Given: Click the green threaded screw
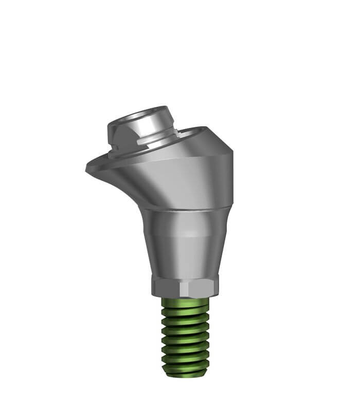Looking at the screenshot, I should click(185, 334).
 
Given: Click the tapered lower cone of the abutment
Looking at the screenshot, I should click(185, 247).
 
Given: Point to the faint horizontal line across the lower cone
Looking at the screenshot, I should click(185, 235).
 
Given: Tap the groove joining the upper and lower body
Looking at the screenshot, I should click(185, 209).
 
